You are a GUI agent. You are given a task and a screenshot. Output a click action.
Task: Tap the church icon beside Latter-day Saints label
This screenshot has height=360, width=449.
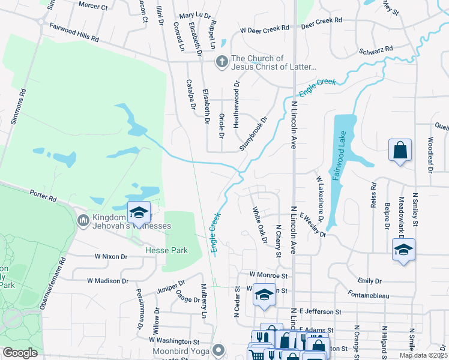[x=222, y=61]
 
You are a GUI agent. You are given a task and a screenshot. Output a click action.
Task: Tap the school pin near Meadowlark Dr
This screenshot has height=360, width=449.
[x=403, y=250]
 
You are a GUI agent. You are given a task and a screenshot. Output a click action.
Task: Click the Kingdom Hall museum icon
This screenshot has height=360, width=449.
[x=83, y=221]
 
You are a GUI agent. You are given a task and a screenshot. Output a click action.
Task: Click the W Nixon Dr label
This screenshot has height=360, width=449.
[x=112, y=256]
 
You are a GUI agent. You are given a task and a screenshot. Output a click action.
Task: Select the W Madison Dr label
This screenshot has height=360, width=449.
[x=107, y=280]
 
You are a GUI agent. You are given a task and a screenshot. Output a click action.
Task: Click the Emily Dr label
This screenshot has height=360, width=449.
[x=369, y=280]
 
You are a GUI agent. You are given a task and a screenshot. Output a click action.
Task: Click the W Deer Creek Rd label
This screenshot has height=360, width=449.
[x=264, y=28]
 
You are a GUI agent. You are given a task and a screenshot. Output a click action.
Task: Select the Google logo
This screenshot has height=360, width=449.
[x=20, y=353]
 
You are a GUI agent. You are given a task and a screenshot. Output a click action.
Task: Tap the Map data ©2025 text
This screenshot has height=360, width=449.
[x=423, y=355]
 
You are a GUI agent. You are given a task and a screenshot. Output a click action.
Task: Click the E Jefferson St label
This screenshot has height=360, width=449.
[x=323, y=312]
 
